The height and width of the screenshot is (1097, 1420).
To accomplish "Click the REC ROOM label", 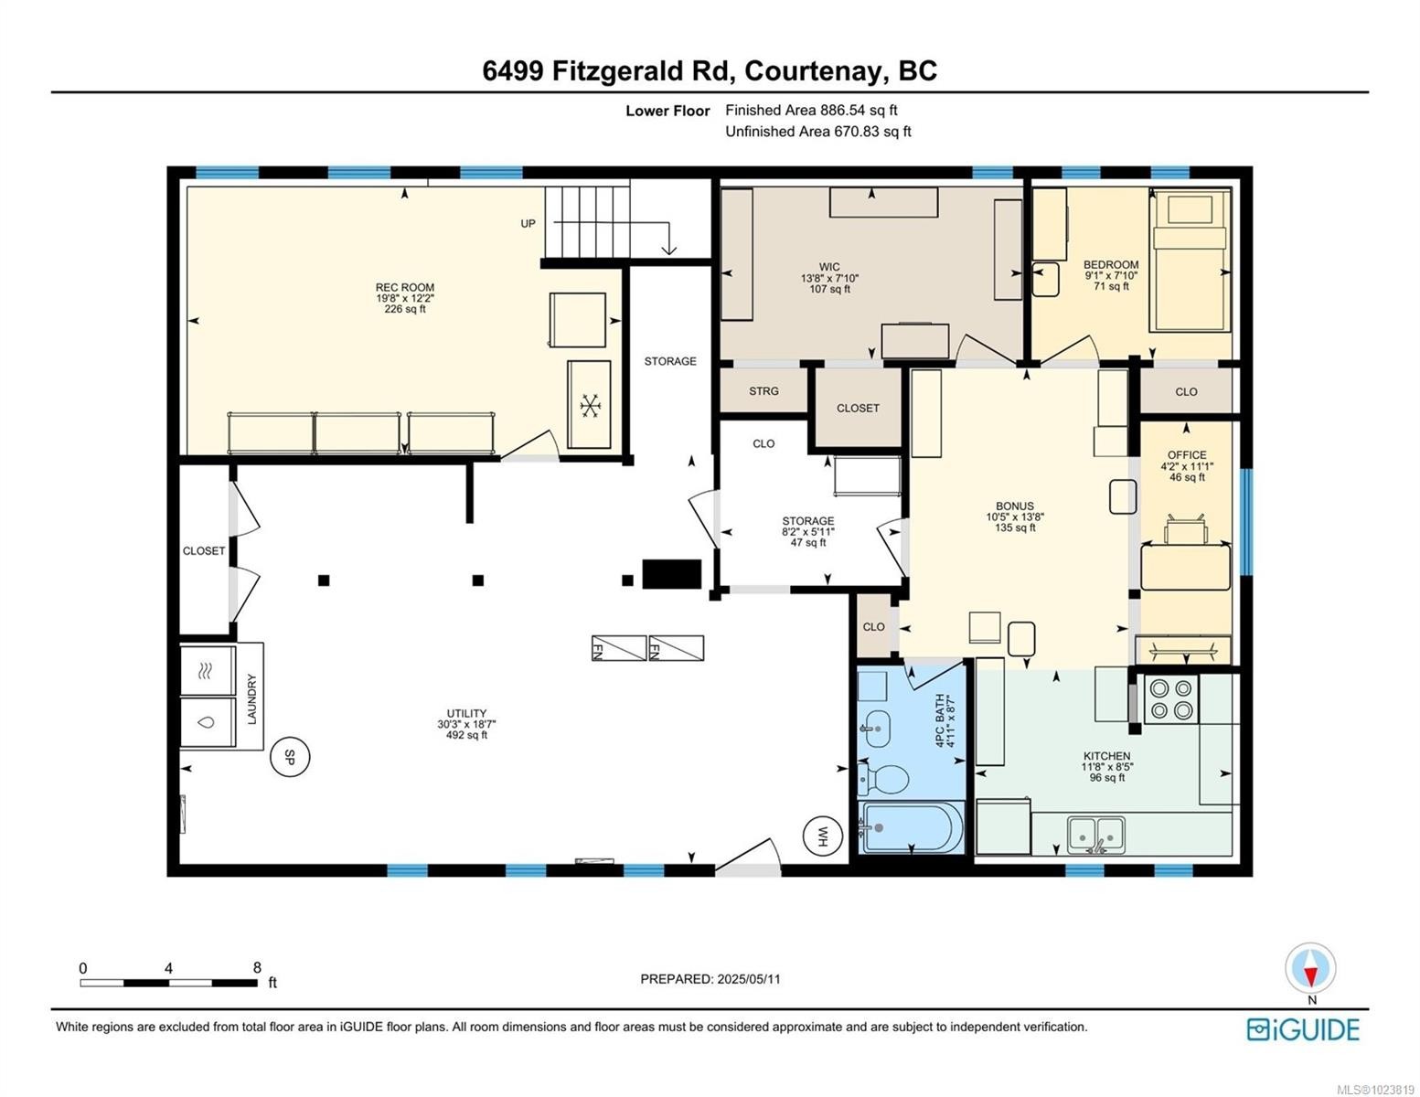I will (405, 287).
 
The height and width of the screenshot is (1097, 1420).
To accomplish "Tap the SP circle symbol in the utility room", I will (290, 757).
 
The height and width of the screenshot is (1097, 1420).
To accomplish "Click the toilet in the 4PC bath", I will (883, 780).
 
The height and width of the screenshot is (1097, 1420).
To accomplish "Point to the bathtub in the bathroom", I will (912, 827).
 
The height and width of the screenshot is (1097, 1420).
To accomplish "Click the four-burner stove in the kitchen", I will (1171, 699).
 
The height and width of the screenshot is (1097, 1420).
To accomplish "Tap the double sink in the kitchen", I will (1096, 834).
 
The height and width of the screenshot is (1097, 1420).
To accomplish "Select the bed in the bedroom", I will (1190, 261).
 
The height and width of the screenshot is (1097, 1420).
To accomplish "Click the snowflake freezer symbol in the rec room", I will (589, 404).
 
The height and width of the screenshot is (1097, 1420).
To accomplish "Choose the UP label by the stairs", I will (528, 223).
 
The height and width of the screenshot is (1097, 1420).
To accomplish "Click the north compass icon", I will (1310, 968).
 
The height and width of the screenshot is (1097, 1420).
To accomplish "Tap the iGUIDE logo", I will (1303, 1029).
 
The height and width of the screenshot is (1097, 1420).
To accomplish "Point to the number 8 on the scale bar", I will (257, 968).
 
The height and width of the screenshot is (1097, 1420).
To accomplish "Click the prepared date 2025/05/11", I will (710, 979).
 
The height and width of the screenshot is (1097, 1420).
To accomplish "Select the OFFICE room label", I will (1186, 454).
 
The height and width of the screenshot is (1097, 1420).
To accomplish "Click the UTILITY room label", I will (466, 713).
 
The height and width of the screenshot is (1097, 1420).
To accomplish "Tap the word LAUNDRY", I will (252, 698).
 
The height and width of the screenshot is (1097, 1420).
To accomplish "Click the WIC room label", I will (829, 267).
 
